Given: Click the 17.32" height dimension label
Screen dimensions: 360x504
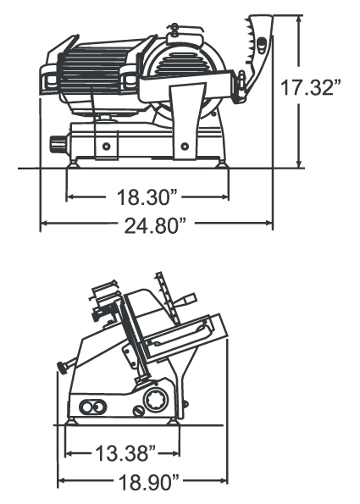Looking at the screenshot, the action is [x=311, y=87].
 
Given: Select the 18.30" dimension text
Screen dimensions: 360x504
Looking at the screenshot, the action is [x=147, y=197].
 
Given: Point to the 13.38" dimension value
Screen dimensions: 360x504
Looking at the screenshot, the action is [x=125, y=453].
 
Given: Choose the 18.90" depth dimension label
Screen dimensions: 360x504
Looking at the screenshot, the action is [x=148, y=482].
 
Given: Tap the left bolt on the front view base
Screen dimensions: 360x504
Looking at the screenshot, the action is [x=106, y=147].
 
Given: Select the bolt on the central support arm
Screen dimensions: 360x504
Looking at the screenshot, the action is [x=185, y=147].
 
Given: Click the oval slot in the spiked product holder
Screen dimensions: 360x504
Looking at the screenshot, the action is [x=262, y=43].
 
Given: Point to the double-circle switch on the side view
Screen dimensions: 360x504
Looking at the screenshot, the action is [x=92, y=407].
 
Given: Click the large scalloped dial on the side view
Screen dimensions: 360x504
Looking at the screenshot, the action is [x=156, y=400].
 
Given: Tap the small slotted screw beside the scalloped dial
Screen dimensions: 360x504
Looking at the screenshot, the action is [x=139, y=411].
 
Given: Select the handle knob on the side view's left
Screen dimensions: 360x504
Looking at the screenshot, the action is [x=62, y=368].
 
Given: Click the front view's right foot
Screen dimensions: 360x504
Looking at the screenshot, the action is [x=222, y=164].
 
